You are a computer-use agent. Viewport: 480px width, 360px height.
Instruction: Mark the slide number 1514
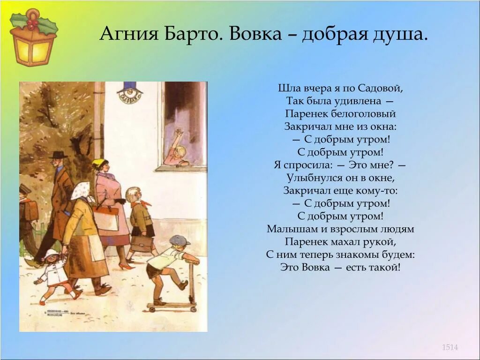click(x=450, y=347)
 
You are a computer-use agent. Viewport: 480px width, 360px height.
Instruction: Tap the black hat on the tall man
click(x=58, y=154)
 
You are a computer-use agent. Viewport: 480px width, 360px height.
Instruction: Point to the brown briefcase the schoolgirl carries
click(x=142, y=244)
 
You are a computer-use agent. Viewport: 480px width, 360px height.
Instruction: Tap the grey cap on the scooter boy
click(x=180, y=240)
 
